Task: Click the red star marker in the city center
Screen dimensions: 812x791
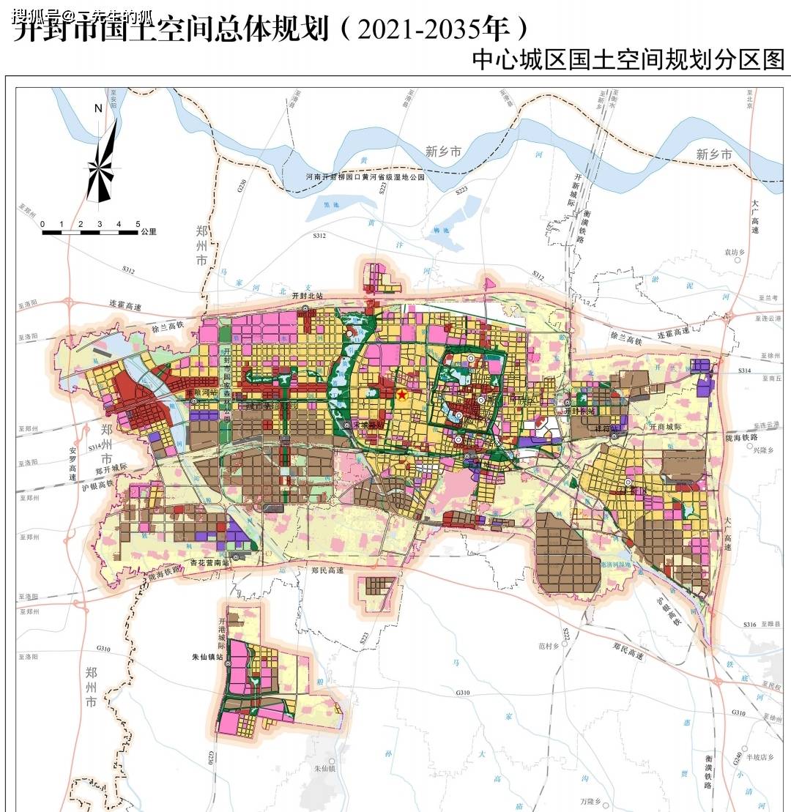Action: (401, 395)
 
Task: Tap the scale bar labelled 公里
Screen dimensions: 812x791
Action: (90, 232)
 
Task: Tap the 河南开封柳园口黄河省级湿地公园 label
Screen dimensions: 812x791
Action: (365, 177)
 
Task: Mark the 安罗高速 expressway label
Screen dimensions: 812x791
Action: (73, 463)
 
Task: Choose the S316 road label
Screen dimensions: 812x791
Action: (749, 625)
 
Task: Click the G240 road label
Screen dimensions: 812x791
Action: (736, 760)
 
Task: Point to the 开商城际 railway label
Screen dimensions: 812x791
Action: (665, 426)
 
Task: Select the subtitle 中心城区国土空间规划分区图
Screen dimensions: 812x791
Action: (628, 59)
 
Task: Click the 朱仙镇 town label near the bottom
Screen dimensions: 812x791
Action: (324, 769)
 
